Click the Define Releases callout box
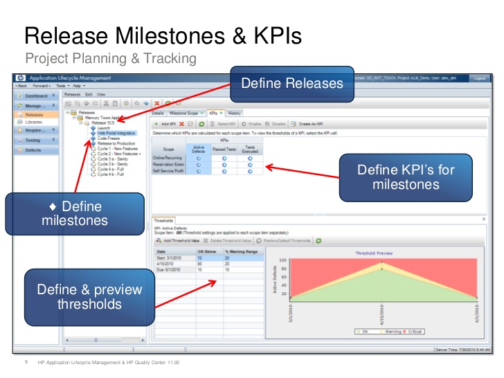pyautogui.click(x=291, y=83)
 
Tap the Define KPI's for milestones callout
pyautogui.click(x=405, y=177)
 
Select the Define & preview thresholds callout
pyautogui.click(x=89, y=297)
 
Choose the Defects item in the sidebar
pyautogui.click(x=33, y=150)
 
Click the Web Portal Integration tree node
pyautogui.click(x=116, y=133)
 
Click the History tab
pyautogui.click(x=235, y=112)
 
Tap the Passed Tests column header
pyautogui.click(x=224, y=148)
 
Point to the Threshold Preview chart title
pyautogui.click(x=374, y=253)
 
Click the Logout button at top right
pyautogui.click(x=480, y=79)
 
